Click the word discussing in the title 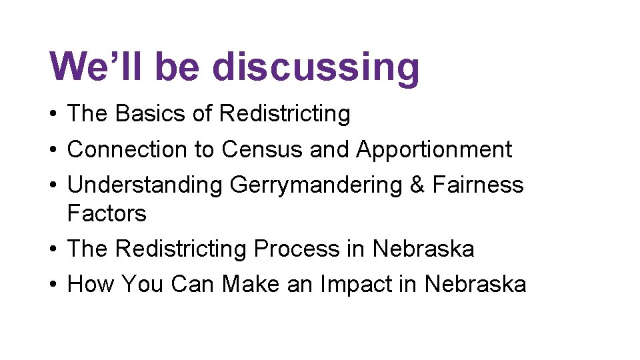316,67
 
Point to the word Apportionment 434,150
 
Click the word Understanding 145,185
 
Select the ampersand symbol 417,184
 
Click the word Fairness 478,184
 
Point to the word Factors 107,213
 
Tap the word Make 251,284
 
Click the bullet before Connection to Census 52,150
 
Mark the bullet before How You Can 52,285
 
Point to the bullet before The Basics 52,115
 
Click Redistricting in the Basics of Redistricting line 285,114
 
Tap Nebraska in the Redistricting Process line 423,249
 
